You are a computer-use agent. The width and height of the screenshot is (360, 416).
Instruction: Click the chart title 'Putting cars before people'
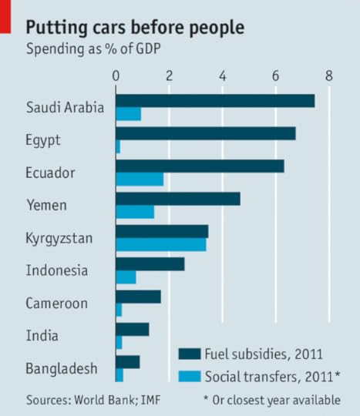tap(135, 28)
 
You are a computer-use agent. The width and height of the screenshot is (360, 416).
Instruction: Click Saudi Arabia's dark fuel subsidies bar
tap(215, 101)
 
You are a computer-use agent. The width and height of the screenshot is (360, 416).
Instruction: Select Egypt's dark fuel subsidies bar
tap(205, 133)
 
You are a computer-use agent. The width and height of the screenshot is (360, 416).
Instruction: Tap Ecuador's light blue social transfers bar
tap(140, 179)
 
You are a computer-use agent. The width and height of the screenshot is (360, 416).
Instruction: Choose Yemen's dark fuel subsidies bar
tap(177, 199)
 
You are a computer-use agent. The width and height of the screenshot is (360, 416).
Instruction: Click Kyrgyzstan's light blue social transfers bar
tap(160, 244)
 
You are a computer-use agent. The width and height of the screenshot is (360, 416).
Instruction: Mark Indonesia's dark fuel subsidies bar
tap(150, 264)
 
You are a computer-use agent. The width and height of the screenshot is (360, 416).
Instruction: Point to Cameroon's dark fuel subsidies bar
tap(138, 297)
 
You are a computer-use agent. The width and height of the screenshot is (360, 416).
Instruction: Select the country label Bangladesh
tap(62, 368)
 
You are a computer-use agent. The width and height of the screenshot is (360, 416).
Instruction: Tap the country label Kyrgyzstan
tap(59, 238)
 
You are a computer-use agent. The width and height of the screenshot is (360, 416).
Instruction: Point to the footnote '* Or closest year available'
tap(272, 400)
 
